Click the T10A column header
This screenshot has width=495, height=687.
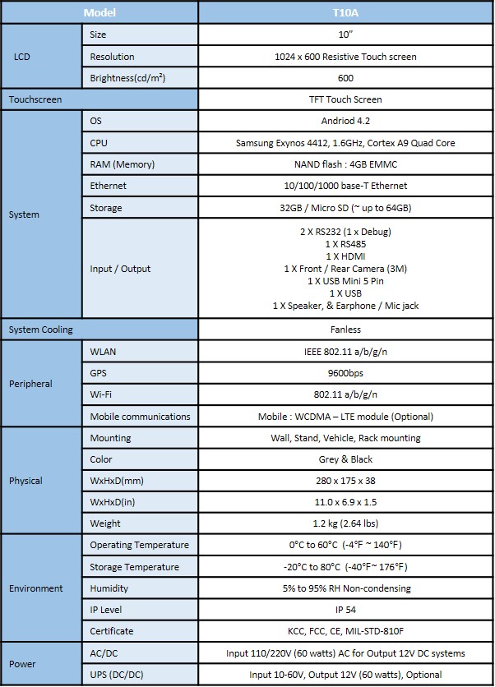[345, 13]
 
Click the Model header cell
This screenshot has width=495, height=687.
[99, 13]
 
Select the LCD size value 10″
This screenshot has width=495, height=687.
[345, 35]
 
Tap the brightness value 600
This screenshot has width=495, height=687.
[345, 78]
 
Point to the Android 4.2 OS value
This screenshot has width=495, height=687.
[345, 121]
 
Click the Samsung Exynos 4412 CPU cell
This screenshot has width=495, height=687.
[345, 143]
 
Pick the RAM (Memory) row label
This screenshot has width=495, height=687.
[122, 164]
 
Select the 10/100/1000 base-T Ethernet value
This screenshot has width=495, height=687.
[345, 186]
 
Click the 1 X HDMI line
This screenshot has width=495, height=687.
[345, 256]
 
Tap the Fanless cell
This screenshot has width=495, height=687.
[345, 330]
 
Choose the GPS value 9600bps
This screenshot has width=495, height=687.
[345, 372]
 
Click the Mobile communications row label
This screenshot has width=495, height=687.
[140, 416]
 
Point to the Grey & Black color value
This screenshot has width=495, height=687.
[345, 459]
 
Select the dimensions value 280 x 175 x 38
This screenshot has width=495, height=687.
[345, 481]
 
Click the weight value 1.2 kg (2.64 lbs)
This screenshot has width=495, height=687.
[345, 523]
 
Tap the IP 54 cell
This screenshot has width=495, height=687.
[345, 610]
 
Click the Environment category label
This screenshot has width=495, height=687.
[36, 588]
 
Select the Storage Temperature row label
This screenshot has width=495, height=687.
[134, 567]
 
